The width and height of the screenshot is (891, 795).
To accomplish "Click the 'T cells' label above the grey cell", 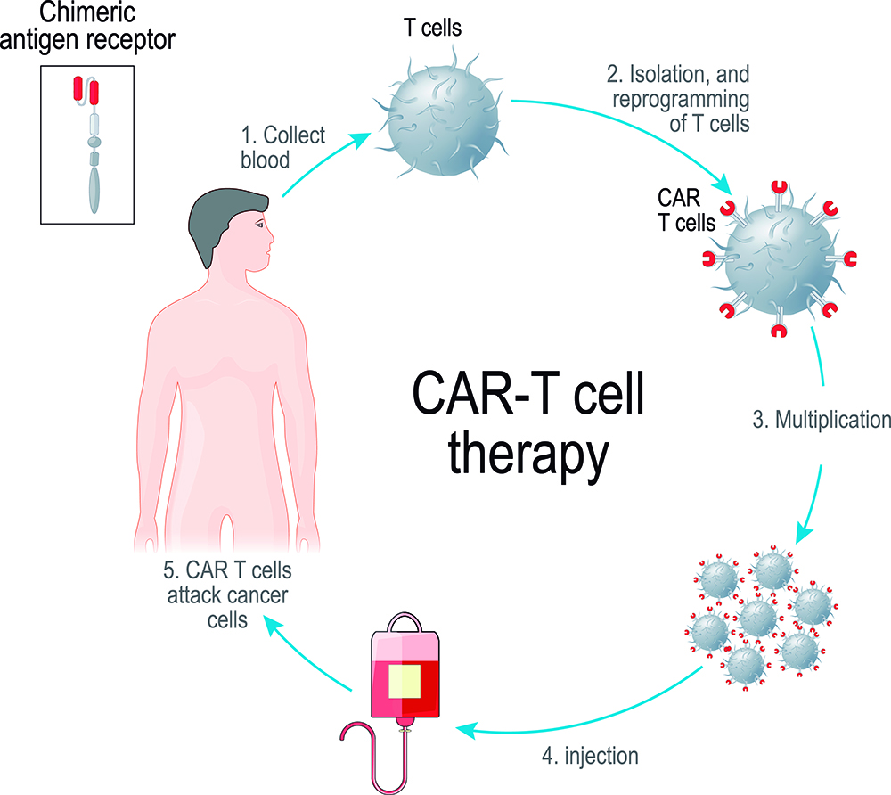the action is click(x=432, y=28).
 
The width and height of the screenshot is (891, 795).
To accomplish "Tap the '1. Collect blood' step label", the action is click(x=282, y=148).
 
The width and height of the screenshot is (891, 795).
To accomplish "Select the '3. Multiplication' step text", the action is click(x=822, y=420).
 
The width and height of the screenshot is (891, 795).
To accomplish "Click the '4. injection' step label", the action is click(x=590, y=757).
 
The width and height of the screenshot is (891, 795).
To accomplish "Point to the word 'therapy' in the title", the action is click(x=527, y=454).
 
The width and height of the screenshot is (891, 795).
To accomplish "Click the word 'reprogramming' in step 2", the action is click(x=681, y=100).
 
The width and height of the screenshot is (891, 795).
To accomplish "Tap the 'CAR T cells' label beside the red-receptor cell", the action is click(x=686, y=210).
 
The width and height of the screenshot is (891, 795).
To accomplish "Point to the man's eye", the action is click(x=259, y=225).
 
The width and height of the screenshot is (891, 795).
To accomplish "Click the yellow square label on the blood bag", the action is click(x=405, y=681).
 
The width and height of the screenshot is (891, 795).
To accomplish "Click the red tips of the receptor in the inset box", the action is click(x=86, y=91).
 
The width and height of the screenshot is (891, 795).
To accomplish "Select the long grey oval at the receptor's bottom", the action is click(x=94, y=190).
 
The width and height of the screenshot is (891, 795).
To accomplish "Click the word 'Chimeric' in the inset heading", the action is click(x=87, y=12).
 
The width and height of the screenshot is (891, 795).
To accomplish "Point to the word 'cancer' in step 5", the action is click(x=258, y=595).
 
